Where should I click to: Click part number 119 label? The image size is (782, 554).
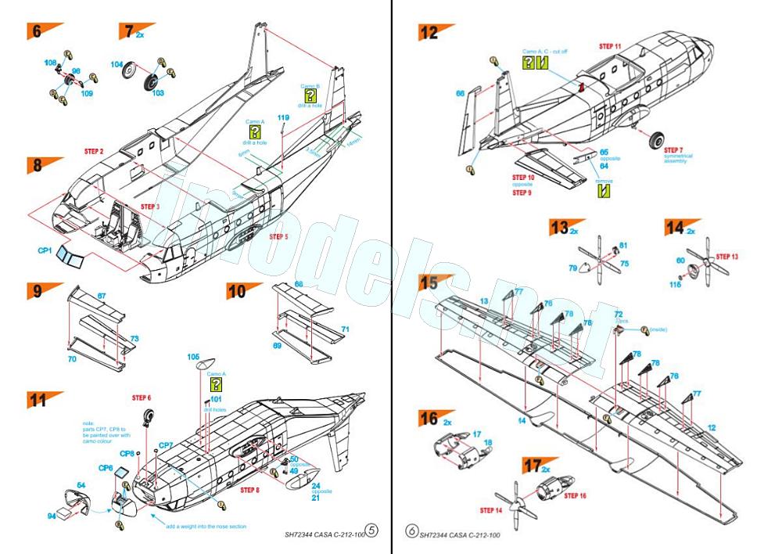(x=283, y=118)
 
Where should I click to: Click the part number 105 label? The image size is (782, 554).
(x=193, y=357)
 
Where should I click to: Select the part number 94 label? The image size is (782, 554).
(x=51, y=516)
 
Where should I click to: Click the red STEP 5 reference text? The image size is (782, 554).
(x=279, y=236)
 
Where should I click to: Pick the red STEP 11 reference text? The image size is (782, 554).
(x=611, y=46)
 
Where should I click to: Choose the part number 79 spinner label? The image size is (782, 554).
(x=572, y=268)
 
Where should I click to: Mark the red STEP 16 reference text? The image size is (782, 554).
(x=575, y=496)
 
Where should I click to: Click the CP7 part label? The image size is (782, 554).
(x=166, y=445)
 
